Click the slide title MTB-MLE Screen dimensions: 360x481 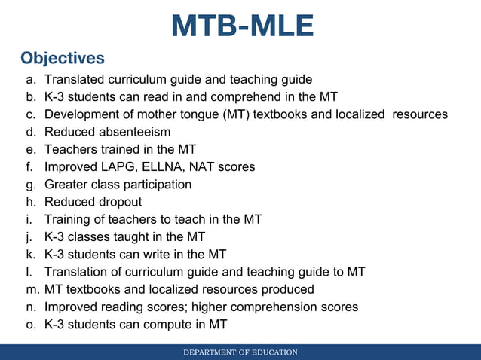click(242, 26)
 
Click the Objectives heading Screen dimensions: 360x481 click(63, 58)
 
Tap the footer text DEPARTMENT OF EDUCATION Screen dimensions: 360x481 click(241, 352)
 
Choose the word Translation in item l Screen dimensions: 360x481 click(77, 272)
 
